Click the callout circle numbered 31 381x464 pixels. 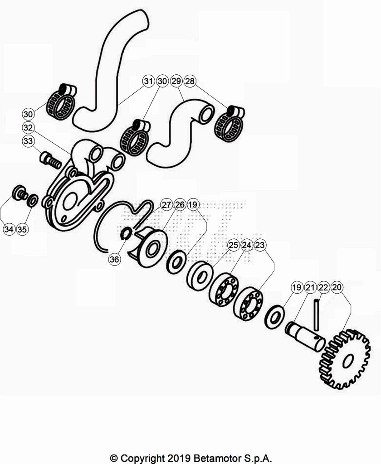(148, 81)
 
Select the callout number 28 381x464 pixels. (190, 81)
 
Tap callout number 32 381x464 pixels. (28, 128)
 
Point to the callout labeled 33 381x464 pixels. (28, 141)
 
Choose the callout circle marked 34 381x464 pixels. (9, 229)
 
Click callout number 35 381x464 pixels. (22, 229)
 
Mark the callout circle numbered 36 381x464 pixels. (114, 259)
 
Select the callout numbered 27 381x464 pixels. (166, 205)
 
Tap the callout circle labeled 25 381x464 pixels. (234, 245)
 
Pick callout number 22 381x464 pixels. (323, 287)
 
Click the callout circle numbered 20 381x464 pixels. (337, 287)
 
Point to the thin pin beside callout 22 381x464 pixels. (317, 315)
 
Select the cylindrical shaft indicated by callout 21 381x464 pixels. (305, 336)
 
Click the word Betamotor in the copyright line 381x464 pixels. (218, 458)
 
